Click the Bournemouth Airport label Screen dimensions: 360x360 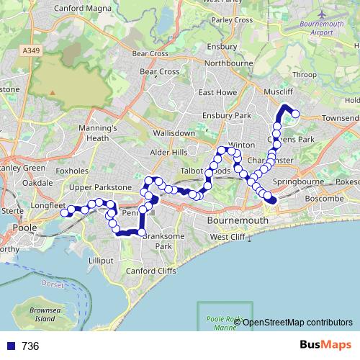click(316, 28)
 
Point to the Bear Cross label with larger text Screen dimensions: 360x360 click(159, 72)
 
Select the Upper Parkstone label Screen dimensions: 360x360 click(102, 187)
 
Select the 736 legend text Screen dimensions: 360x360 click(30, 346)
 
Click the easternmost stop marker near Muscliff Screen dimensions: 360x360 click(294, 113)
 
